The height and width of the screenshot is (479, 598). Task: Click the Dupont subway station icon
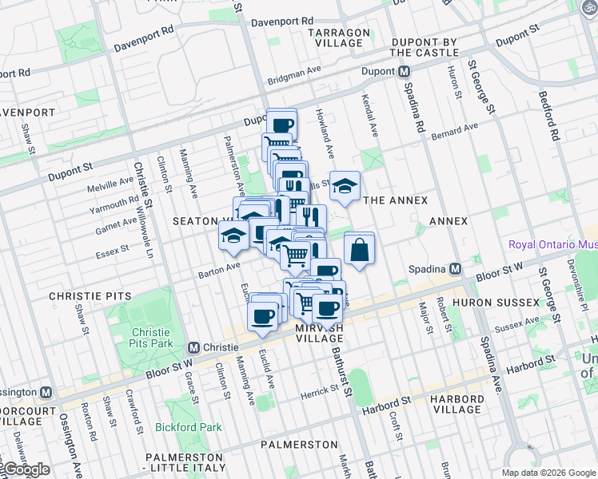coord(404,72)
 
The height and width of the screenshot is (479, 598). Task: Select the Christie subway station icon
coord(193,348)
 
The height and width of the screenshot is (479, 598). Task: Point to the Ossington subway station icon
coord(46,392)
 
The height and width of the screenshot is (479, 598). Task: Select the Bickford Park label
coord(188,427)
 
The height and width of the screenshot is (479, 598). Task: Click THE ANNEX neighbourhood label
coord(395,200)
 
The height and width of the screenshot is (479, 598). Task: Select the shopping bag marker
coord(360,249)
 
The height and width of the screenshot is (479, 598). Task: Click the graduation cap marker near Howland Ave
coord(345,186)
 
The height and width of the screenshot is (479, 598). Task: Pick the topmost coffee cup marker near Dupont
coord(281,124)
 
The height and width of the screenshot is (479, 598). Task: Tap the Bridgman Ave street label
coord(294,81)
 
